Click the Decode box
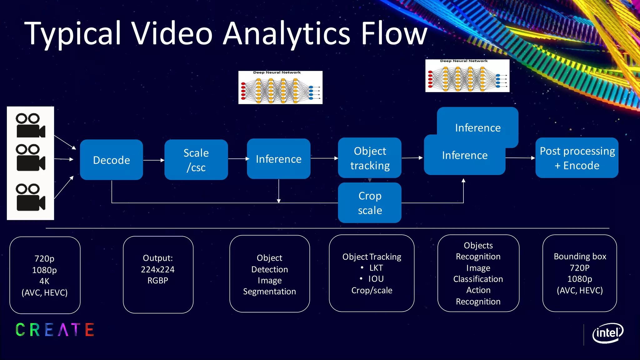[x=111, y=160]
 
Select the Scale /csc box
[x=196, y=160]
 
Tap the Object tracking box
[x=370, y=158]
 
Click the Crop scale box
[x=370, y=203]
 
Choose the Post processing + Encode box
[x=577, y=158]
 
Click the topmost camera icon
[x=30, y=126]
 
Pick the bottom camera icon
[x=30, y=197]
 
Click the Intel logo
[x=607, y=333]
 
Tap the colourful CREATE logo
[x=55, y=330]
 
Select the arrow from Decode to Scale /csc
[x=154, y=160]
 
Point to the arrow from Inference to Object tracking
[x=324, y=158]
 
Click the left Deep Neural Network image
[x=280, y=87]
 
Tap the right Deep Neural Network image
[x=467, y=76]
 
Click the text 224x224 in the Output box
[x=157, y=269]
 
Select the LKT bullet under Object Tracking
[x=376, y=268]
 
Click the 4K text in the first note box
[x=44, y=281]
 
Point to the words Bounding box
[x=580, y=257]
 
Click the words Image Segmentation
[x=269, y=286]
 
